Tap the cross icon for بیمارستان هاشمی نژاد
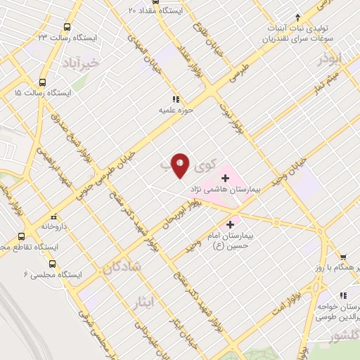tap(225, 179)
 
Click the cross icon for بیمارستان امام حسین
tap(230, 224)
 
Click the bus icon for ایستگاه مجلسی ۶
tap(52, 264)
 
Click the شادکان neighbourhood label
tap(122, 267)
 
